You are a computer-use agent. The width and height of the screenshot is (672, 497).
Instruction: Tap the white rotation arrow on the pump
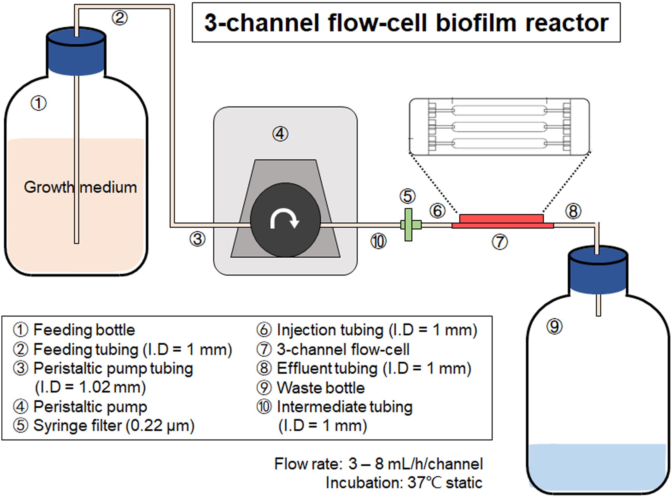point(284,219)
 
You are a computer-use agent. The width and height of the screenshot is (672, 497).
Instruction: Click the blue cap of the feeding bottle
point(76,52)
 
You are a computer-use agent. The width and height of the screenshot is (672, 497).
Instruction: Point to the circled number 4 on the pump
point(280,134)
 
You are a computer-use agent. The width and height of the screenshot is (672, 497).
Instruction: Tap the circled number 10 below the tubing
point(378,241)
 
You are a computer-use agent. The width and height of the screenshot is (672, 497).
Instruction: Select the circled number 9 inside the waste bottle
point(554,326)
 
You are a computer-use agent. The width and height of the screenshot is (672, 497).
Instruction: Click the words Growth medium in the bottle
point(80,187)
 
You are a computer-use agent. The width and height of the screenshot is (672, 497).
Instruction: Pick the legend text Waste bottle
point(321,388)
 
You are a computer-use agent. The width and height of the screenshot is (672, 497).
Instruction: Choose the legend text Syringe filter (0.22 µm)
point(114,426)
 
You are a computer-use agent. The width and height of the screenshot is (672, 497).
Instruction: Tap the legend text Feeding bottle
point(84,330)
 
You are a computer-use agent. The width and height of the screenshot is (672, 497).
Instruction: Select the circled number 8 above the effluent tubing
point(573,211)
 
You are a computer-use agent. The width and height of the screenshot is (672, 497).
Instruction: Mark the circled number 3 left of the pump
point(197,239)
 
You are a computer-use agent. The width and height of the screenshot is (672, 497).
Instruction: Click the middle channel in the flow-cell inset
point(499,127)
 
